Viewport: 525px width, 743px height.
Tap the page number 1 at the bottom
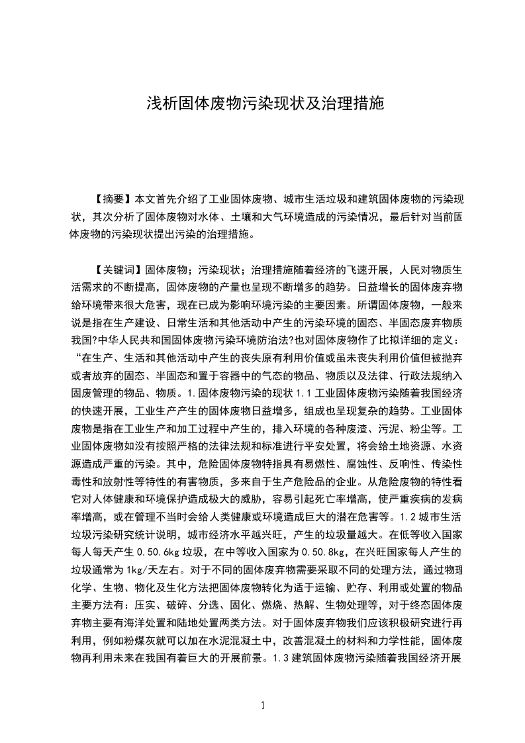pos(263,705)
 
